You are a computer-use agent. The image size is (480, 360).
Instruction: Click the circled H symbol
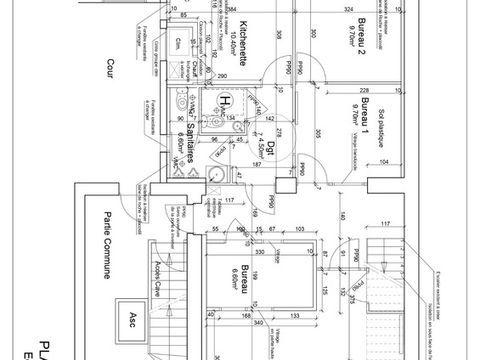pos(226,101)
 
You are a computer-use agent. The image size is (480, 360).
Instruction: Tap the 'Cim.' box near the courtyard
pos(179,41)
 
